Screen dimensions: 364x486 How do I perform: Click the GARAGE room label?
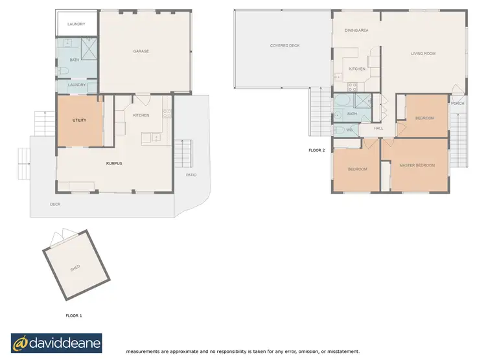click(141, 51)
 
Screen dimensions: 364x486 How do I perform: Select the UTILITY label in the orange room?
click(79, 120)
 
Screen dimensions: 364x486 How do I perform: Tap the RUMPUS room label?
click(114, 163)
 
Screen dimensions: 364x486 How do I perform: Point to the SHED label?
click(75, 267)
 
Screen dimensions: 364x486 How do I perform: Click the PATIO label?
click(191, 175)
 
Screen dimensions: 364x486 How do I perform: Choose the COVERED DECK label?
click(284, 45)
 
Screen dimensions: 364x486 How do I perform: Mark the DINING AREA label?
click(356, 30)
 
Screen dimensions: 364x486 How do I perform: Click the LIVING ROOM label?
click(422, 53)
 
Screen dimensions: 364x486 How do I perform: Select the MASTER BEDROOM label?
click(417, 165)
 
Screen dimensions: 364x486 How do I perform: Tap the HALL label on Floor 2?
click(378, 128)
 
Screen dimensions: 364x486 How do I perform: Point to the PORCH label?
click(457, 104)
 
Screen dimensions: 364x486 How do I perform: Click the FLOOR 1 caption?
click(74, 315)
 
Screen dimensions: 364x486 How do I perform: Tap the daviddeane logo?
click(56, 343)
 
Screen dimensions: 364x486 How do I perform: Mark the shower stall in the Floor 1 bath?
click(88, 47)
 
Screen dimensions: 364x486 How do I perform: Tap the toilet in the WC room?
click(338, 130)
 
